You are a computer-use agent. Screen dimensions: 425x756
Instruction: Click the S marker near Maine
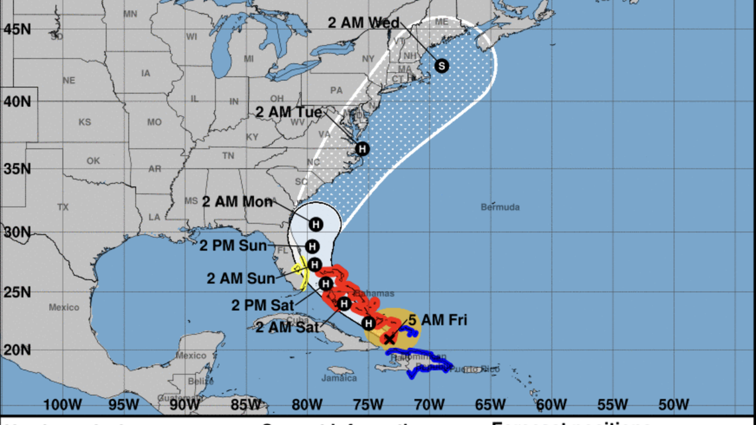coord(442,66)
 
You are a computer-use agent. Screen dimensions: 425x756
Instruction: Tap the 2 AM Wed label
coord(363,23)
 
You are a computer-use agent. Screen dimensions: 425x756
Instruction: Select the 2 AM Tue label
coord(288,112)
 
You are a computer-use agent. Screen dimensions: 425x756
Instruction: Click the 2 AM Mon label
coord(237,202)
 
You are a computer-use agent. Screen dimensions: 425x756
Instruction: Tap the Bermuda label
coord(500,208)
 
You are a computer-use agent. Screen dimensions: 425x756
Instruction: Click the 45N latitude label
coord(17,29)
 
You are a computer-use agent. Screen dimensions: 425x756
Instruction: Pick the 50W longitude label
coord(673,404)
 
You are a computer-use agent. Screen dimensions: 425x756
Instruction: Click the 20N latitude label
coord(17,350)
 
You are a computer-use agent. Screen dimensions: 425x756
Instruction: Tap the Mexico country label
coord(64,308)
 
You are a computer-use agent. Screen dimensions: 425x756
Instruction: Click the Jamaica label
coord(340,379)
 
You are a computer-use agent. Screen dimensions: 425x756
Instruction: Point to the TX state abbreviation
coord(63,208)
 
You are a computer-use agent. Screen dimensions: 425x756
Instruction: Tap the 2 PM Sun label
coord(233,247)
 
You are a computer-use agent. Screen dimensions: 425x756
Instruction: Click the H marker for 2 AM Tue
coord(361,149)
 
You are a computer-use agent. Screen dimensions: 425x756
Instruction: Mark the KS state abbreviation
coord(85,123)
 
